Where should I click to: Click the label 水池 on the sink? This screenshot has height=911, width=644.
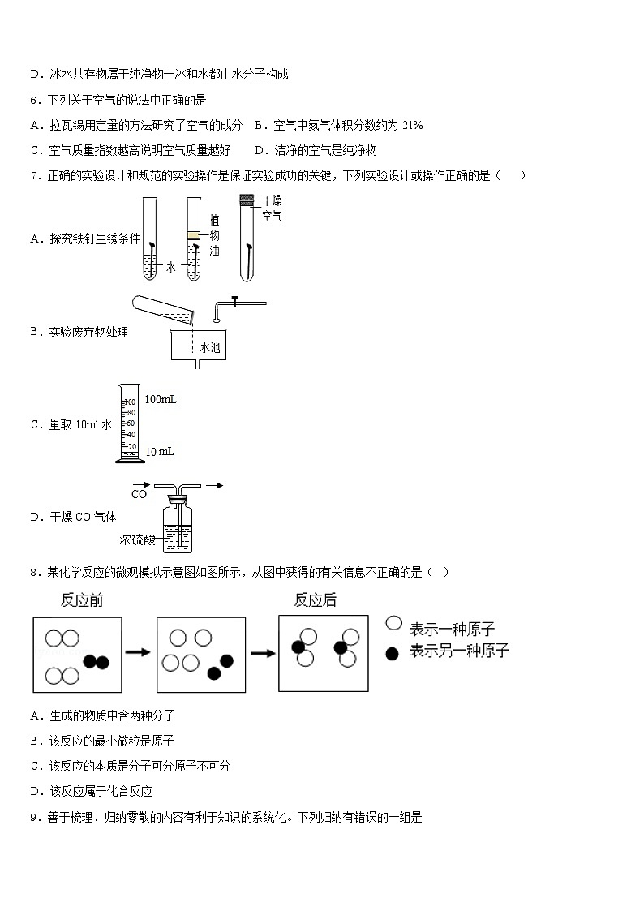(209, 347)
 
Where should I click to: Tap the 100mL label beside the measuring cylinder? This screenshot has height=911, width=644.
(161, 399)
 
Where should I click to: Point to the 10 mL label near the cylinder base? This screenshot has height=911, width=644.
(160, 451)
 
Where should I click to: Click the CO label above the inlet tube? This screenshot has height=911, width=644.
(139, 494)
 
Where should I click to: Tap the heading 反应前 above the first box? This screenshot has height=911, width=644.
(81, 600)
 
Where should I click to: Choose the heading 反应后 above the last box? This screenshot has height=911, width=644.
(315, 600)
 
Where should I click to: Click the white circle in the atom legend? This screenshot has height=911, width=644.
(393, 623)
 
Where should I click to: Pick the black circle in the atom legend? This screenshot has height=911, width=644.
(393, 651)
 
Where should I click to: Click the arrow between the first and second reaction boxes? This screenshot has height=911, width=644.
(138, 651)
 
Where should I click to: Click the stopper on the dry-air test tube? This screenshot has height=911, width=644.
(248, 200)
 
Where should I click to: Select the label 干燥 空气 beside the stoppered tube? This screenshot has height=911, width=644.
(272, 208)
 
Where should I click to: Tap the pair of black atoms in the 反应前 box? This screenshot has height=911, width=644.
(97, 662)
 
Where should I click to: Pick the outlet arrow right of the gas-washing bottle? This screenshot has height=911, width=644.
(213, 486)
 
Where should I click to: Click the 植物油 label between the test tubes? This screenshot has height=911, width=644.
(214, 235)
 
